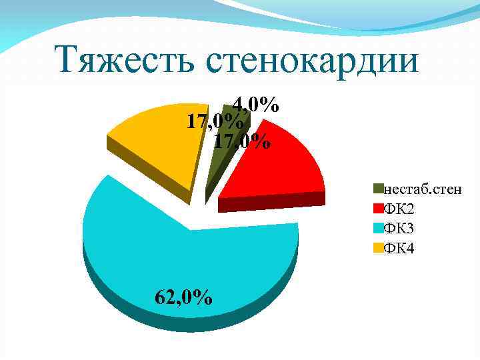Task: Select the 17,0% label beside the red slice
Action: [242, 142]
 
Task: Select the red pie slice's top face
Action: [280, 167]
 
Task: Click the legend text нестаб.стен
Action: [416, 191]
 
